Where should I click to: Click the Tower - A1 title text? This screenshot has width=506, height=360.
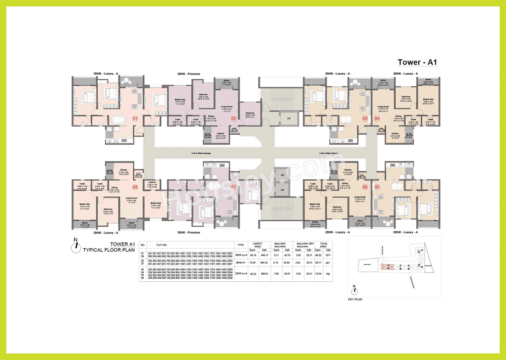(417, 62)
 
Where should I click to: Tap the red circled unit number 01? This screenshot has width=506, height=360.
(135, 118)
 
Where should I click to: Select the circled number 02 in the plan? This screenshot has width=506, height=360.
(234, 118)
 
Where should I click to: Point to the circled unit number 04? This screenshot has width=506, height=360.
(376, 118)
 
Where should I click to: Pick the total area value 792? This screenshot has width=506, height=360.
(328, 273)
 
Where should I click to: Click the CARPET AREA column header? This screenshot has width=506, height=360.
(257, 245)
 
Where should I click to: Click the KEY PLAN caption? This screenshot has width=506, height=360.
(355, 300)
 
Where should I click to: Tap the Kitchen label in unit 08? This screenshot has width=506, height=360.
(123, 170)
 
